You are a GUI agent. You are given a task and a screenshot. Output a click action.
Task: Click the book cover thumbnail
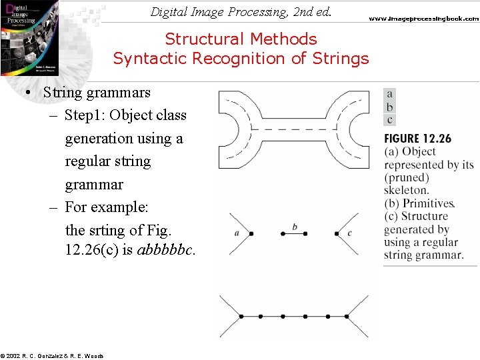29,37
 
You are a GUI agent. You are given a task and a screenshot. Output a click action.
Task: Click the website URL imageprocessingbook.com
424,19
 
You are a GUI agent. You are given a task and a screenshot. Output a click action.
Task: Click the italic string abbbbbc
166,252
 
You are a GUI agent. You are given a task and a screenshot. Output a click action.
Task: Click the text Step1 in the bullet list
85,115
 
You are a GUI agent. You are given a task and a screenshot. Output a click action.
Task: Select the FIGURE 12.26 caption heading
417,139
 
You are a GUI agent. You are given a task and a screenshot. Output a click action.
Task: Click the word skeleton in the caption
406,190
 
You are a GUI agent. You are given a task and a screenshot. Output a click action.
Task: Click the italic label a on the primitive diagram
237,233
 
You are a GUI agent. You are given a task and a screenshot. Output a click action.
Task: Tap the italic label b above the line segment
295,227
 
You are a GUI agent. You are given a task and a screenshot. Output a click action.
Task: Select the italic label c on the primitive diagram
349,233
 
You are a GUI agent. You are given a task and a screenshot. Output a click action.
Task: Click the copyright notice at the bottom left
52,356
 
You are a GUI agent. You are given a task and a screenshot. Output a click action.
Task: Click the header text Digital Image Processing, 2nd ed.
241,11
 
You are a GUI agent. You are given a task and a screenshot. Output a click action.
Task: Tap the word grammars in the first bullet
117,93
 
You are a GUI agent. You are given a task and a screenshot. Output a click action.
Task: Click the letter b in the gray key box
390,107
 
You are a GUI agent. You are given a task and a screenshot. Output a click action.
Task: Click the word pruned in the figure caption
408,177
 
